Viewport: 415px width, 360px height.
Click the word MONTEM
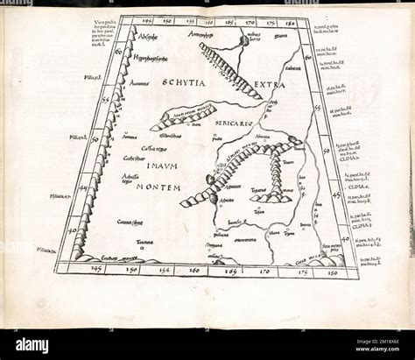tap(158, 187)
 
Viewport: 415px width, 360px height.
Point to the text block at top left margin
tap(103, 35)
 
